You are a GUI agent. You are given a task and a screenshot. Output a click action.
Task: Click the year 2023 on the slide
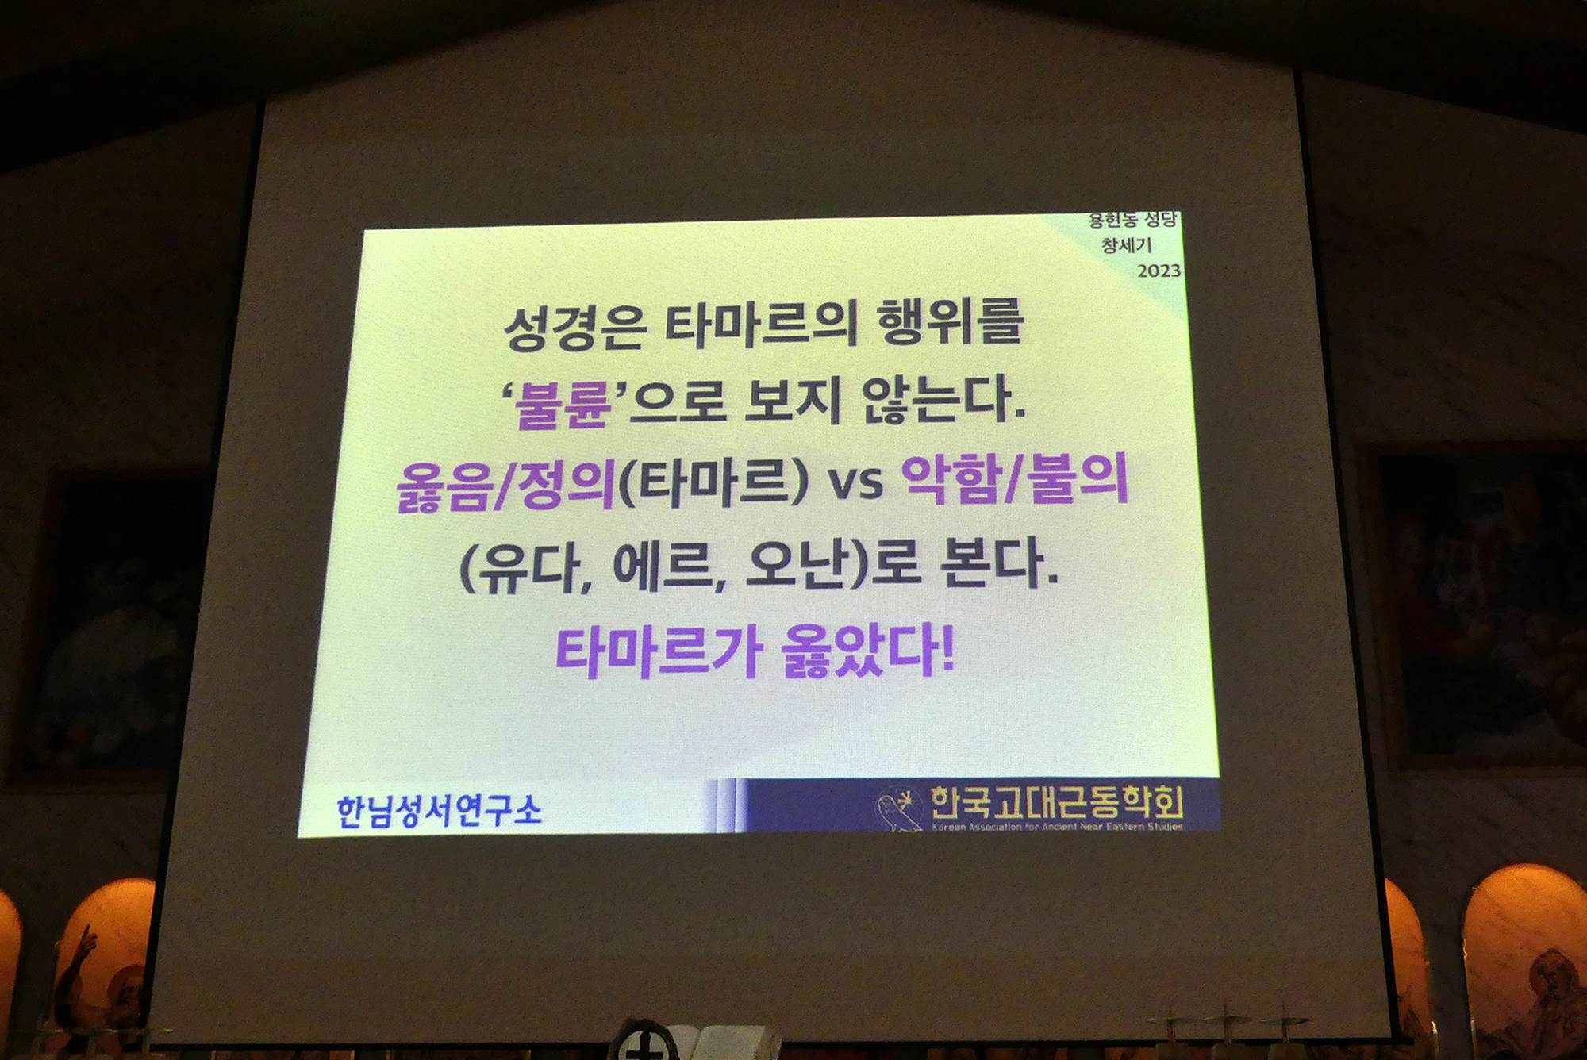pyautogui.click(x=1159, y=271)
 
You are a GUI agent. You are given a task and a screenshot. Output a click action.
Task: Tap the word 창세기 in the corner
pyautogui.click(x=1126, y=245)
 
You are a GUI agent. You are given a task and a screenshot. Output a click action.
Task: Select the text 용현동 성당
pyautogui.click(x=1132, y=220)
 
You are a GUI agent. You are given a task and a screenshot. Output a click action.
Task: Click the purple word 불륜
pyautogui.click(x=563, y=405)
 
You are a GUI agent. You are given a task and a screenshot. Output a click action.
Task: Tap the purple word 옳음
pyautogui.click(x=444, y=486)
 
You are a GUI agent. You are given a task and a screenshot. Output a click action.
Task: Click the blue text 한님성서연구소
pyautogui.click(x=439, y=811)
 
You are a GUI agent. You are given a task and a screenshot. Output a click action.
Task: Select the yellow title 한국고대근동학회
pyautogui.click(x=1056, y=802)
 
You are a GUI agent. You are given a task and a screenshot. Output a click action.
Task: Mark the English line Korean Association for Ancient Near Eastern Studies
pyautogui.click(x=1057, y=827)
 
